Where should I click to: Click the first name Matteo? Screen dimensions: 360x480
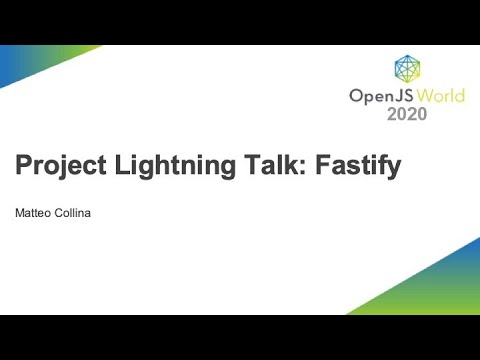pyautogui.click(x=34, y=213)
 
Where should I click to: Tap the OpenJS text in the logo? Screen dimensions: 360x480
pyautogui.click(x=377, y=96)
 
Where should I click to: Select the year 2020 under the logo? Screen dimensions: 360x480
pyautogui.click(x=406, y=114)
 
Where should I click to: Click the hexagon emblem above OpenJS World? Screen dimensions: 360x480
pyautogui.click(x=407, y=68)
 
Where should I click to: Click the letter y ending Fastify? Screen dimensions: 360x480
pyautogui.click(x=394, y=169)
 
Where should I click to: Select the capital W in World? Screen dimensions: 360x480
pyautogui.click(x=419, y=96)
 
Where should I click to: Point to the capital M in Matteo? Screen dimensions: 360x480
pyautogui.click(x=19, y=213)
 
